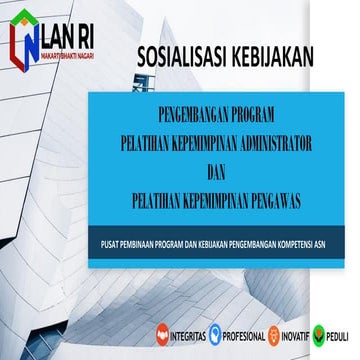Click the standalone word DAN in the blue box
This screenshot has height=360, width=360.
click(x=222, y=172)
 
